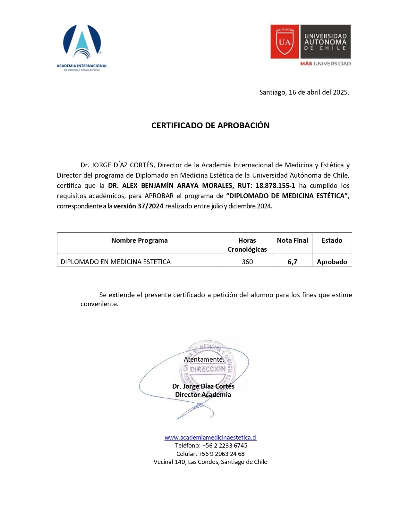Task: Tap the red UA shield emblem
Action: coord(285,41)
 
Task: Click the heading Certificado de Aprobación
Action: coord(210,125)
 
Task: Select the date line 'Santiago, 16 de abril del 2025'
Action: coord(304,92)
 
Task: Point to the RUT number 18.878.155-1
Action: coord(275,186)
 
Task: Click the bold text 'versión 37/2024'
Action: coord(138,206)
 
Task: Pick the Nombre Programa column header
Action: coord(139,240)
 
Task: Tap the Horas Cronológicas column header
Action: coord(247,245)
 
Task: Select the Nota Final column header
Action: coord(292,240)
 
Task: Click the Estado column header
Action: coord(332,240)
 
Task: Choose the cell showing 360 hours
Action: coord(247,262)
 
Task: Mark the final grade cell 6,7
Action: coord(292,262)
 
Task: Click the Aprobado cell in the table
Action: coord(332,262)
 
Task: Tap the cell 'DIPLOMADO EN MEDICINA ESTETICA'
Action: coord(115,262)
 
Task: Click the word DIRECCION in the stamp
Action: coord(208,369)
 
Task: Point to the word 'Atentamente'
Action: coord(204,359)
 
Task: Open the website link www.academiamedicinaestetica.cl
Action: coord(210,437)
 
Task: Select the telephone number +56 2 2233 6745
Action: coord(225,446)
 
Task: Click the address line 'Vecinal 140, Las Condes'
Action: coord(210,462)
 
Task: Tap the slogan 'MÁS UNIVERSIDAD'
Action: coord(325,63)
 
